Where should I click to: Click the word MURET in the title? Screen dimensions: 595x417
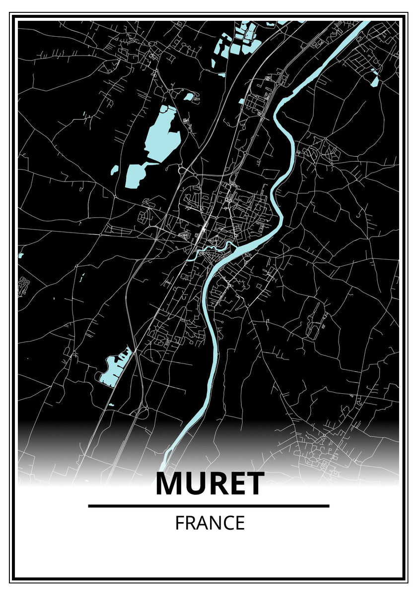209,484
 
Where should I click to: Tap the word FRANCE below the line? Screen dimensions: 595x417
209,523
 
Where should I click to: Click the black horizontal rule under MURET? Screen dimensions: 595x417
208,506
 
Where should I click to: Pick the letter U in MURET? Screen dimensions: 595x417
196,484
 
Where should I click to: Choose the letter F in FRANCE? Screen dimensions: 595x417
179,523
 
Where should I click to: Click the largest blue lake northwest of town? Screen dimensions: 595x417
161,131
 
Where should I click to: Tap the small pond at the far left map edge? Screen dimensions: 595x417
21,255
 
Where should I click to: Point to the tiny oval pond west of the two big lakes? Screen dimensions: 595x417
115,170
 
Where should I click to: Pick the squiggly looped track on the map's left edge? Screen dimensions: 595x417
23,286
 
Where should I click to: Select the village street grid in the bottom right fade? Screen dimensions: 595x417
318,451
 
